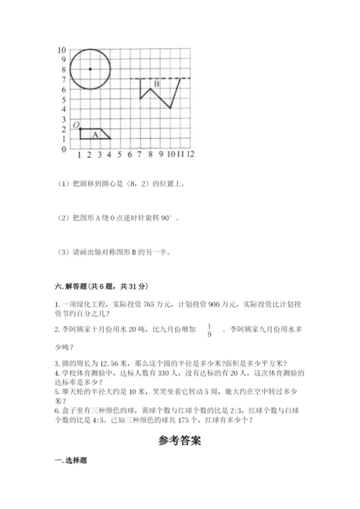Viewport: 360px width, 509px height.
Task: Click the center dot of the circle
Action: (89, 69)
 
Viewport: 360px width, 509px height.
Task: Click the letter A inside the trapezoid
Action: (94, 134)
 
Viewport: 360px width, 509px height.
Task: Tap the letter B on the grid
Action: (156, 85)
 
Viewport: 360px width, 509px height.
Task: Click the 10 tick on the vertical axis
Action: (62, 50)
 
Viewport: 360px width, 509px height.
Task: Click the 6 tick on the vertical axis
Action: (63, 89)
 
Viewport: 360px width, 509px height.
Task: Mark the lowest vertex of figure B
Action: (170, 109)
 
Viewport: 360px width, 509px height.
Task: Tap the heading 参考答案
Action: (179, 441)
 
